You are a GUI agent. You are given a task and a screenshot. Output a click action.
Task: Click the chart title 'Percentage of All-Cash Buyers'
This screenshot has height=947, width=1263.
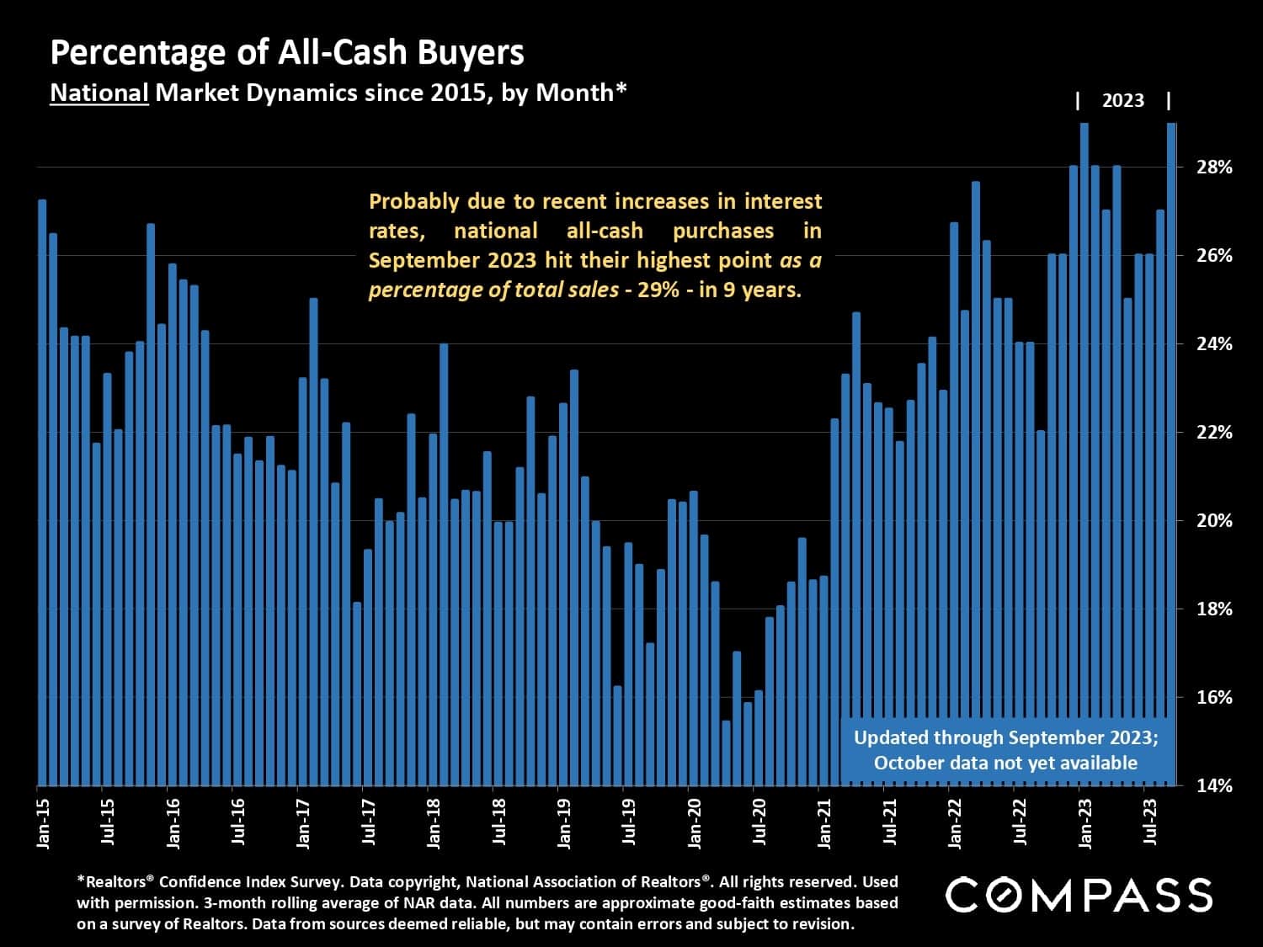point(287,53)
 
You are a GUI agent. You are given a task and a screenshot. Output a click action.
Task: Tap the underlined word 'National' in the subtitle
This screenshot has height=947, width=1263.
point(99,92)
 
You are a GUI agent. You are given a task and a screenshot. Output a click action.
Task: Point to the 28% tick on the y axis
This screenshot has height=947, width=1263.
point(1214,167)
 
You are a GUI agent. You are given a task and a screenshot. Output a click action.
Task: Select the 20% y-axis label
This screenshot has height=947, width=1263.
point(1214,520)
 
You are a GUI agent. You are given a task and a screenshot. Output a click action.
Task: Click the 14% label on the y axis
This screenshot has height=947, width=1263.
point(1214,785)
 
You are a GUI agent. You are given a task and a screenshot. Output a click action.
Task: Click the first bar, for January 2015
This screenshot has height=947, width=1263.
point(42,492)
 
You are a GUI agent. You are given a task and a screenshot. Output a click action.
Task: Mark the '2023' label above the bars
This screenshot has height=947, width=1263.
point(1123,101)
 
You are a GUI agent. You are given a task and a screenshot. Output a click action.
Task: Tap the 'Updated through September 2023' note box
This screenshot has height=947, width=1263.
point(1006,750)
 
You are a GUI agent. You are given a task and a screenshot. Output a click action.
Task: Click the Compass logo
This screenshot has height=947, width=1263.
point(1079,895)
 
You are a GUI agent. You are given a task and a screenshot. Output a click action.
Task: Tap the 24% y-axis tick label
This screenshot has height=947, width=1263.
point(1214,343)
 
